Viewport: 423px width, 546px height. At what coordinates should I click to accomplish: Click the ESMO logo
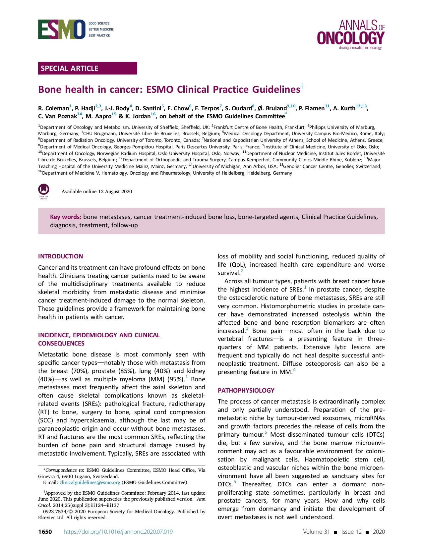(x=62, y=29)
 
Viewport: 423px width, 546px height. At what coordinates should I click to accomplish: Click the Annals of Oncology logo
(x=351, y=34)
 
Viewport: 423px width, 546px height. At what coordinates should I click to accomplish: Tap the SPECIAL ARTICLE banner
(x=88, y=68)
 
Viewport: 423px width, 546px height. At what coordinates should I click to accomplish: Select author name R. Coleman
(x=53, y=108)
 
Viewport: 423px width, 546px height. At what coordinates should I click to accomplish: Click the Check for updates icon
(x=44, y=191)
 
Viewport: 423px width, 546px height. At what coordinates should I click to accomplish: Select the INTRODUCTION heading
(x=61, y=256)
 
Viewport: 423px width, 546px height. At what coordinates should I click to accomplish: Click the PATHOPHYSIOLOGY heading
(x=246, y=390)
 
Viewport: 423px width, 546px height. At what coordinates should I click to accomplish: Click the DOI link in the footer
(x=118, y=532)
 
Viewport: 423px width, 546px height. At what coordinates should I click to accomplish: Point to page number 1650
(x=45, y=532)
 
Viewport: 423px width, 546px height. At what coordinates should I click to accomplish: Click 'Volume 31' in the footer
(x=316, y=532)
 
